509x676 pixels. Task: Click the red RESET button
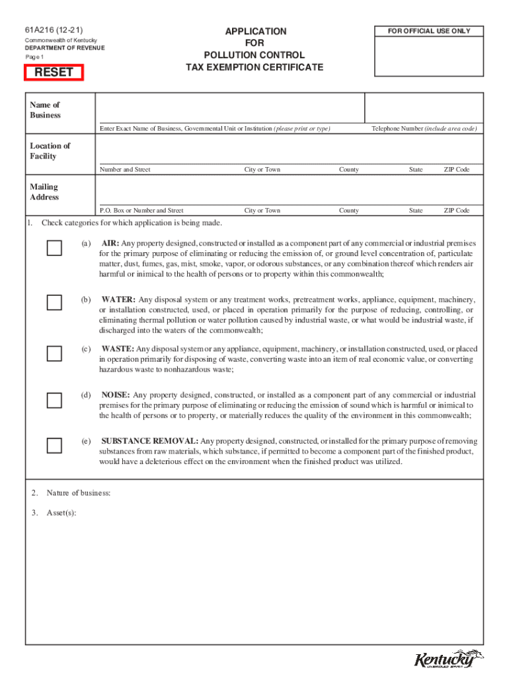pyautogui.click(x=54, y=73)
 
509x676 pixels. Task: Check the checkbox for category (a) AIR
pyautogui.click(x=54, y=248)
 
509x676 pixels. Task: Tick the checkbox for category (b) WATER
pyautogui.click(x=54, y=302)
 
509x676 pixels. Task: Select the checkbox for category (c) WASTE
pyautogui.click(x=54, y=353)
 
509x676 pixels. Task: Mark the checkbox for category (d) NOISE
pyautogui.click(x=54, y=399)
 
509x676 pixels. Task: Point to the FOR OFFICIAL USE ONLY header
pyautogui.click(x=429, y=31)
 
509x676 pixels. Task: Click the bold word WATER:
pyautogui.click(x=118, y=300)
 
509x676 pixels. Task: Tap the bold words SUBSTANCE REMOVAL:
pyautogui.click(x=149, y=441)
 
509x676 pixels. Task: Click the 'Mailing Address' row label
pyautogui.click(x=44, y=192)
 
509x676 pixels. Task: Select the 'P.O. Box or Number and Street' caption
pyautogui.click(x=141, y=211)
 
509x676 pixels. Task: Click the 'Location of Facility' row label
pyautogui.click(x=50, y=151)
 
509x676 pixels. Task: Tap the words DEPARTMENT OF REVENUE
pyautogui.click(x=65, y=48)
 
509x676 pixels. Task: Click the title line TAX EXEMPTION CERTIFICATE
pyautogui.click(x=255, y=67)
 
